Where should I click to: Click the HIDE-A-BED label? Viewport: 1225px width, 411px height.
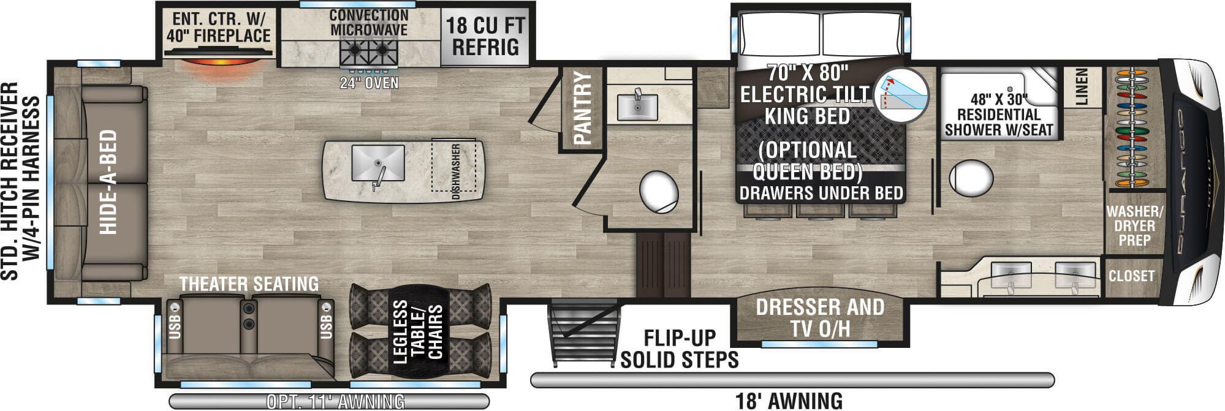tap(108, 182)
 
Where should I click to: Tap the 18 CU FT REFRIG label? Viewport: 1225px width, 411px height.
tap(485, 36)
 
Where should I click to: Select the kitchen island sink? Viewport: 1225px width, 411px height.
tap(378, 164)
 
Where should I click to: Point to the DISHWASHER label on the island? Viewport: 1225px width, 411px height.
tap(455, 172)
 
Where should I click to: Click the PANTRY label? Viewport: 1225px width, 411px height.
tap(583, 108)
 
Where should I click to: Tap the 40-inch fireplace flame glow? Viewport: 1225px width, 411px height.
tap(219, 65)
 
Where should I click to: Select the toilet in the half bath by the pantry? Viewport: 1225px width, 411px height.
tap(659, 192)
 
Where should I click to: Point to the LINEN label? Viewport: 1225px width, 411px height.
tap(1081, 86)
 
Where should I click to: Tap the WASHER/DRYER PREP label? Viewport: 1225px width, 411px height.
tap(1134, 226)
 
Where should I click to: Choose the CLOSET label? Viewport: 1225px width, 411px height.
tap(1131, 276)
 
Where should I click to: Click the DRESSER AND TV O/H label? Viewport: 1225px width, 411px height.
tap(820, 317)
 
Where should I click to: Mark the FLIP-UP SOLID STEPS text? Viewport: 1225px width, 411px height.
tap(679, 349)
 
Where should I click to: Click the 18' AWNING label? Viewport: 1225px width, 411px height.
tap(789, 401)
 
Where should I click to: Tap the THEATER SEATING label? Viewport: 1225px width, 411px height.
tap(249, 284)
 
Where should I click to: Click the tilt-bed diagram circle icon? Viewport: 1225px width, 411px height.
tap(900, 95)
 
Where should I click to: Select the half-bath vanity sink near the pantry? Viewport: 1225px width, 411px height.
tap(637, 107)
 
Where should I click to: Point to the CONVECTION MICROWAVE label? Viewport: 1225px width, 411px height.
tap(369, 23)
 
